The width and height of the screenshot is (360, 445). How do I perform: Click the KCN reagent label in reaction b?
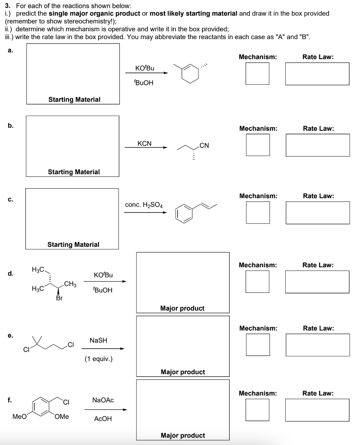[x=144, y=143]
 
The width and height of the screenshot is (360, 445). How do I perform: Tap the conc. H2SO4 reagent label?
[x=144, y=205]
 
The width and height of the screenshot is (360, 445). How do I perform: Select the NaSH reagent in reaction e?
[x=98, y=340]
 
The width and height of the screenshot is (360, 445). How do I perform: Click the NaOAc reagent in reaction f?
[x=103, y=400]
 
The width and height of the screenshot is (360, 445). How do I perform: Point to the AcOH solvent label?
[x=103, y=418]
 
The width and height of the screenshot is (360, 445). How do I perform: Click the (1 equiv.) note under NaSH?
[x=99, y=359]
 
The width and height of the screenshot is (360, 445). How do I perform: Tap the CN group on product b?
[x=204, y=146]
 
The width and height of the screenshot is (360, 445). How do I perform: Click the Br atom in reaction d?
[x=59, y=299]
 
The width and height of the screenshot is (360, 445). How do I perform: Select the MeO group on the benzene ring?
[x=20, y=416]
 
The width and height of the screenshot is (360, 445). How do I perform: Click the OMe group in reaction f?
[x=62, y=416]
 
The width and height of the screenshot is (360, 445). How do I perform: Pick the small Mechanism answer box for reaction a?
[x=258, y=73]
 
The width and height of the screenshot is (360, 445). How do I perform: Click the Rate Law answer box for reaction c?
[x=317, y=213]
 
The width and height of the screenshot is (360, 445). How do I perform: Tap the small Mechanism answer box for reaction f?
[x=258, y=410]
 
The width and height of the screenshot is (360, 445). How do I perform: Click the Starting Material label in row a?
[x=74, y=100]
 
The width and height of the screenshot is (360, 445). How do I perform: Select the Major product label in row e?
[x=182, y=372]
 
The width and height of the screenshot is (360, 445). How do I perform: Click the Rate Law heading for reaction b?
[x=318, y=128]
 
